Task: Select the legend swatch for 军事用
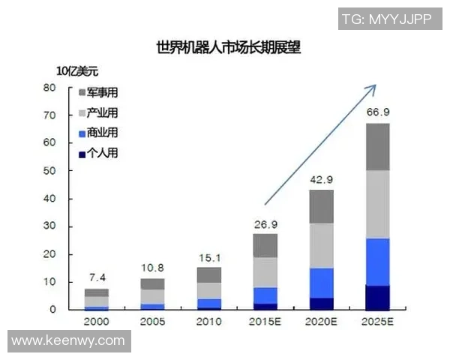tap(82, 93)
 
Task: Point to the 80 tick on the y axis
tap(51, 88)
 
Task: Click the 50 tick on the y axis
tap(51, 171)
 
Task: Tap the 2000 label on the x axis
tap(95, 322)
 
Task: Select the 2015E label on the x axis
tap(265, 322)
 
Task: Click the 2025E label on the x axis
tap(377, 322)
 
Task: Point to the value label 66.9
tap(378, 112)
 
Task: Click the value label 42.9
tap(322, 179)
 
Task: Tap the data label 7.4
tap(96, 278)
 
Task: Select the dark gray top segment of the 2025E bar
tap(378, 147)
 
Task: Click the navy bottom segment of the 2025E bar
tap(378, 298)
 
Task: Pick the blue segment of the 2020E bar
tap(322, 283)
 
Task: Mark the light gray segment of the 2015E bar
tap(265, 272)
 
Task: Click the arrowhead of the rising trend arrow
tap(372, 88)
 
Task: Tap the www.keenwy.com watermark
tap(68, 341)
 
